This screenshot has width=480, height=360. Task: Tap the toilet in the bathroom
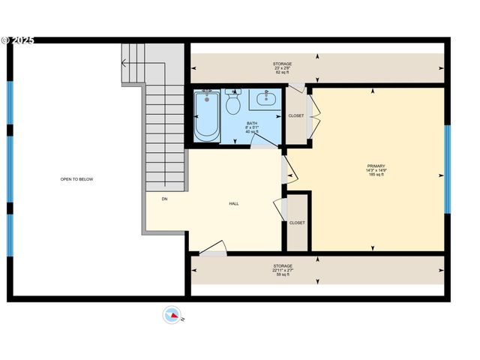[232, 101]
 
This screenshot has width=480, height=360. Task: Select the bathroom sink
[265, 98]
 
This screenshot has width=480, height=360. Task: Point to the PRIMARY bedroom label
[376, 166]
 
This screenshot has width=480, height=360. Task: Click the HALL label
[234, 203]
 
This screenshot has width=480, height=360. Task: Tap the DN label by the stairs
[164, 199]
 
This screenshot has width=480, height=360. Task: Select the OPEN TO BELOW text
[76, 179]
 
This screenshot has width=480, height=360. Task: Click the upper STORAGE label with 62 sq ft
[282, 64]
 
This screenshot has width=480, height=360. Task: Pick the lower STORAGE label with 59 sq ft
[283, 266]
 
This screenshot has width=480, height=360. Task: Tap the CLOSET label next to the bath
[296, 115]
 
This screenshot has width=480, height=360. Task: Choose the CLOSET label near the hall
[297, 223]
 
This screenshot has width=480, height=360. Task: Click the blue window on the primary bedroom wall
[448, 169]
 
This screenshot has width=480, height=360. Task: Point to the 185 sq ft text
[376, 175]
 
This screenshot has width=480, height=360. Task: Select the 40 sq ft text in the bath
[252, 131]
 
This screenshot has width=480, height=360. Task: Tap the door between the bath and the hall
[262, 145]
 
